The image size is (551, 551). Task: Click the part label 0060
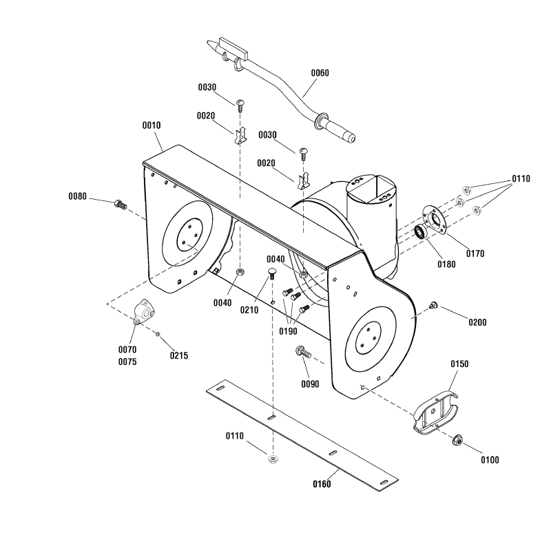click(320, 73)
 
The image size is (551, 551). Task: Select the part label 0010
click(152, 125)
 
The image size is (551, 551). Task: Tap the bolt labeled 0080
click(121, 203)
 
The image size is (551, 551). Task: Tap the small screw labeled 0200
click(434, 304)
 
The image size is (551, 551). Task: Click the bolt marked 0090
click(302, 352)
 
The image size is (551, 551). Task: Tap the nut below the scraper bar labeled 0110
click(273, 459)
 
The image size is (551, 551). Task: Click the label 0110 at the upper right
click(521, 178)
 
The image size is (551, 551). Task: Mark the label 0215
click(179, 356)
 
